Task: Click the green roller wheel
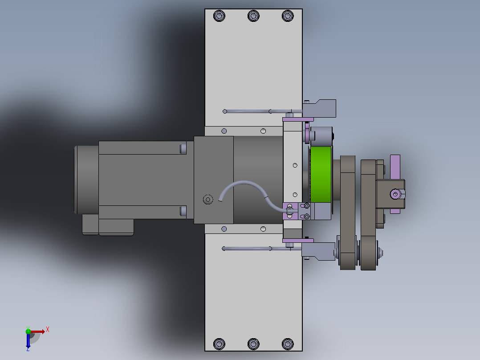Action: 321,174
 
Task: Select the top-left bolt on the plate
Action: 219,16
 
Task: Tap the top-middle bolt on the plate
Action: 253,16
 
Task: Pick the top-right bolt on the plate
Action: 288,16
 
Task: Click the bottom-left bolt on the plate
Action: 219,344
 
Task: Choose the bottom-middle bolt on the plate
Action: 253,344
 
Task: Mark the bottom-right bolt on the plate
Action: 288,344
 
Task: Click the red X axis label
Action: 48,330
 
